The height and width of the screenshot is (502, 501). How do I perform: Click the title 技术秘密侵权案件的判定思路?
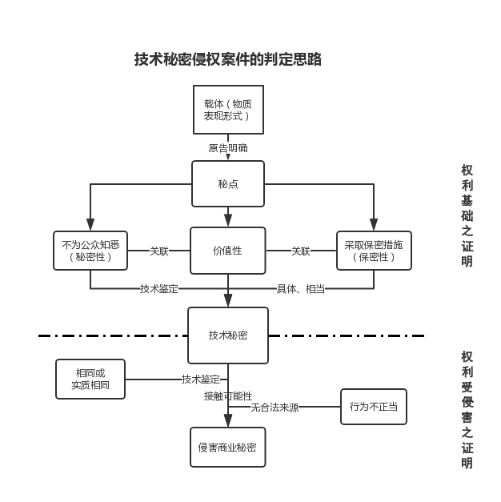[x=227, y=59]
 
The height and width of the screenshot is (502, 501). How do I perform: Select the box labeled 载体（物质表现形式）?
[x=228, y=110]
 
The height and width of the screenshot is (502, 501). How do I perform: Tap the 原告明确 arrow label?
[x=228, y=148]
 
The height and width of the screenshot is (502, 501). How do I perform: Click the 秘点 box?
[x=228, y=184]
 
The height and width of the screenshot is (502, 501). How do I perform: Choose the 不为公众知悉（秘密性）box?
[x=90, y=251]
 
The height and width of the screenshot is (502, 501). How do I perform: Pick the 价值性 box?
[x=228, y=251]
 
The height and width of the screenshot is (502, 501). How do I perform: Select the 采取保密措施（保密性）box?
[x=374, y=251]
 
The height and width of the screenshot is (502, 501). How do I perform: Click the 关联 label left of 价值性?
[x=159, y=251]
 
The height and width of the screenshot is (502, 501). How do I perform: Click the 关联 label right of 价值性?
[x=301, y=251]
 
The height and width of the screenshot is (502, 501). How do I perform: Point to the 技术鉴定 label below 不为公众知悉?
[x=159, y=288]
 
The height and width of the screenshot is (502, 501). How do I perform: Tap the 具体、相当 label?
[x=301, y=288]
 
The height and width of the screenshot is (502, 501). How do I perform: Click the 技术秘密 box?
[x=228, y=335]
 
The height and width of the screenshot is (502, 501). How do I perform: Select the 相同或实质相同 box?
[x=90, y=379]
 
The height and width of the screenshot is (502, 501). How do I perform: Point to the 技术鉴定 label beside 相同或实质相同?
[x=200, y=379]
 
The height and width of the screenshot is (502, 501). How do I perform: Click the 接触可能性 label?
[x=228, y=396]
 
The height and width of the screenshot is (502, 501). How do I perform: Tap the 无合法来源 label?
[x=275, y=407]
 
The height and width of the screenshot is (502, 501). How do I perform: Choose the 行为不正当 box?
[x=374, y=407]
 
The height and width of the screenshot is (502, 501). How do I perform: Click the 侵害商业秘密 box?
[x=228, y=447]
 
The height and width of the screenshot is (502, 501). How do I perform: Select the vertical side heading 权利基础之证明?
[x=467, y=215]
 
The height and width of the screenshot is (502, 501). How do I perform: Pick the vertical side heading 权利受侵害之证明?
[x=467, y=409]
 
